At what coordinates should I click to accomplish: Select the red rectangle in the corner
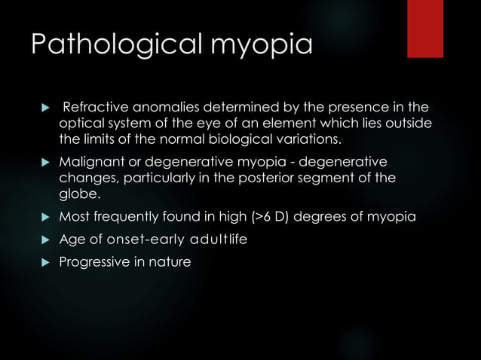pyautogui.click(x=425, y=29)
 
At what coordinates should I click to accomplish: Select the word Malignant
pyautogui.click(x=90, y=163)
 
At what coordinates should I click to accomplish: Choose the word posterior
pyautogui.click(x=290, y=180)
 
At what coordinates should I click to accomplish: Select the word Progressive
pyautogui.click(x=96, y=263)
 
